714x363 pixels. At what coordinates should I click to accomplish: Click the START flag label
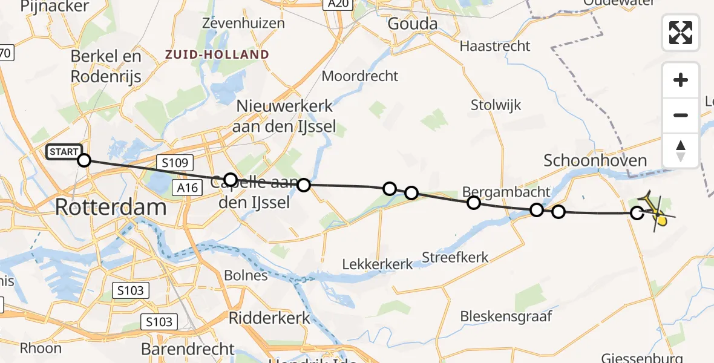63,152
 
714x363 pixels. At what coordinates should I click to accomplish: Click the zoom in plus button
681,80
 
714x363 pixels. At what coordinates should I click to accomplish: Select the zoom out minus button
681,115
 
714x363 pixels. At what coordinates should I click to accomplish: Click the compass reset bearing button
681,149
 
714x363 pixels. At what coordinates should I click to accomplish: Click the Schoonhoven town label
595,160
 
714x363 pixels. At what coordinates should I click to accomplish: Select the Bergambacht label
506,192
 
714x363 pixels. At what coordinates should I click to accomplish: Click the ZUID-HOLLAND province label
217,54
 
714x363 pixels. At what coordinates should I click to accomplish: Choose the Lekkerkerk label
378,264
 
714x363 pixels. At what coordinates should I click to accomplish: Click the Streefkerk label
455,257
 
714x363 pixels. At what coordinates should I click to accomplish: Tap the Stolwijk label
496,105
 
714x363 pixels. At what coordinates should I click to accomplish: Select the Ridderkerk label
269,318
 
